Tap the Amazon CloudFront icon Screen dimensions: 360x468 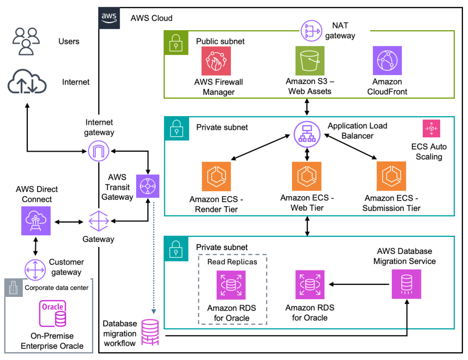click(387, 60)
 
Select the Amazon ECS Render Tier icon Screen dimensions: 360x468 click(216, 176)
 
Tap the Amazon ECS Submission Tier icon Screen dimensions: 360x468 click(391, 176)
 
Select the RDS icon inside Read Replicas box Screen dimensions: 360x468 click(231, 285)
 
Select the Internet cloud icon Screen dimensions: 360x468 click(27, 82)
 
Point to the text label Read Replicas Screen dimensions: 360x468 click(232, 262)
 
